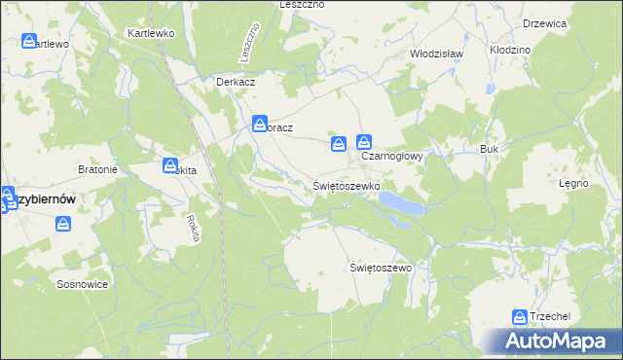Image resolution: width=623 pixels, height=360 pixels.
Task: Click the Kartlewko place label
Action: [150, 32]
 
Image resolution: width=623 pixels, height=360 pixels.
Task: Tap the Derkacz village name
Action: [236, 82]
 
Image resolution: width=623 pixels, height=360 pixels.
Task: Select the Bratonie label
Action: [97, 169]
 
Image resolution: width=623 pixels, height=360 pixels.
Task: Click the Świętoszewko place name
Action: [346, 184]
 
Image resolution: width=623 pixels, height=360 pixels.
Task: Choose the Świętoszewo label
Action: [382, 267]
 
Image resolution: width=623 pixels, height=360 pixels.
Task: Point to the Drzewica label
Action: [544, 23]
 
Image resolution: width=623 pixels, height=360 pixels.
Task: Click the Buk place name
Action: [489, 149]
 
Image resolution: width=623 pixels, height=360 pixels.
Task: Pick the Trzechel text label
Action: [550, 317]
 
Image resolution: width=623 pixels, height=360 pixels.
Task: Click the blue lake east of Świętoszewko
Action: [400, 202]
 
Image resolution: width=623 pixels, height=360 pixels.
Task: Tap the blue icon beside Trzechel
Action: [520, 317]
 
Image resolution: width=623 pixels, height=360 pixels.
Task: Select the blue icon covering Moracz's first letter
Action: [260, 124]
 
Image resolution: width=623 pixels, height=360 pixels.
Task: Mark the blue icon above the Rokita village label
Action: [170, 165]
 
